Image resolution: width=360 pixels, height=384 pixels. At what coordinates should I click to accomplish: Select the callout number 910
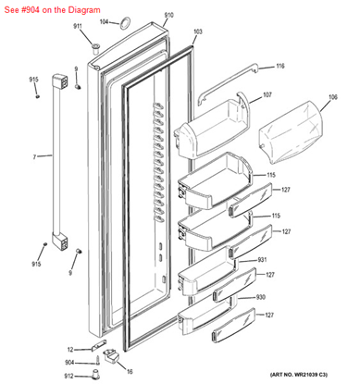(168, 16)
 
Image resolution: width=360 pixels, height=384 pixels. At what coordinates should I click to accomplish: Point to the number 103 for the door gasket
(198, 31)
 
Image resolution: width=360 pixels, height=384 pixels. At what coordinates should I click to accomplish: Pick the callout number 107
(267, 95)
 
